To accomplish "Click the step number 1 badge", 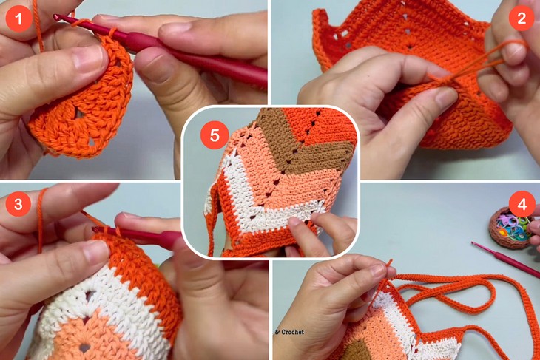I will tap(18, 17).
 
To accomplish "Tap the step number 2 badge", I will tap(522, 18).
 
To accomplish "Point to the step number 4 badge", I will tap(522, 203).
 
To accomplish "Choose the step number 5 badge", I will tap(215, 135).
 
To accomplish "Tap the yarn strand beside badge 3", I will tap(41, 222).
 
